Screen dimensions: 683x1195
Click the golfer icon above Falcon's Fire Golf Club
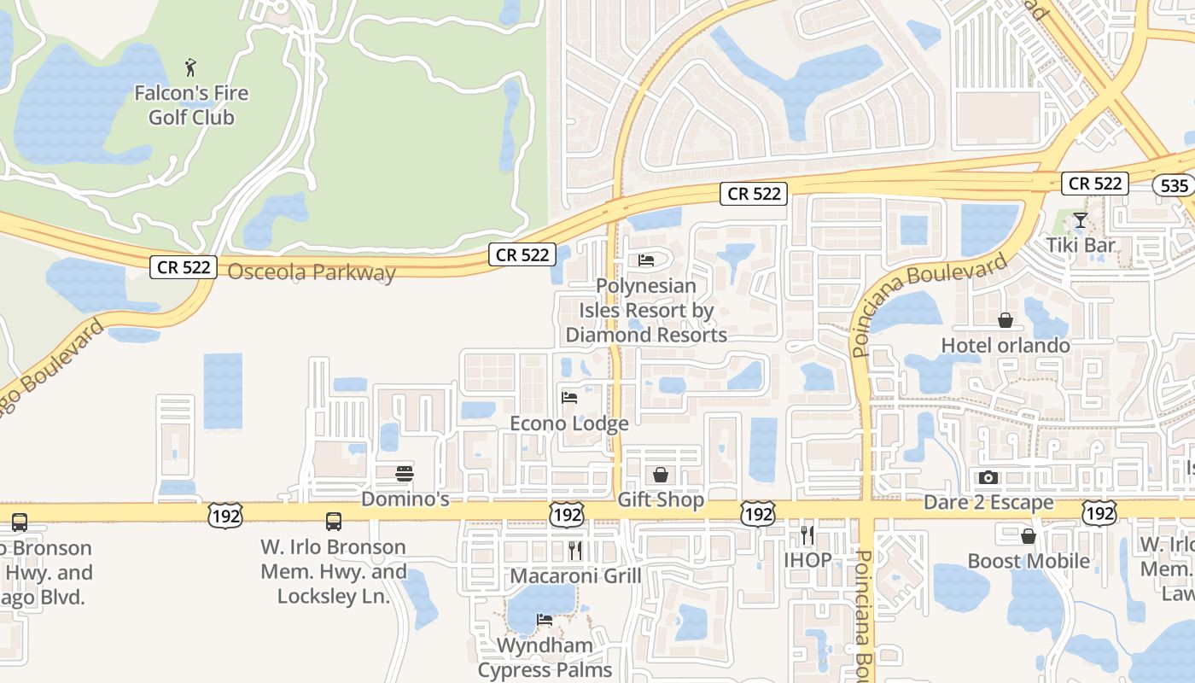tap(190, 67)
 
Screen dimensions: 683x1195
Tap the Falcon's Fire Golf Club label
tap(191, 105)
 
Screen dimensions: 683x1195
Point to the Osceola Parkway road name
tap(312, 272)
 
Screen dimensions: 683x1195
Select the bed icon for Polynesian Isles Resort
tap(646, 260)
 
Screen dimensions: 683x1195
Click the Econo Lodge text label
tap(568, 423)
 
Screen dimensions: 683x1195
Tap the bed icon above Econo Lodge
tap(569, 398)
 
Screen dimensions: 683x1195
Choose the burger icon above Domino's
tap(405, 474)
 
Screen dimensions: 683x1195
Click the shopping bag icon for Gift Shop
tap(661, 475)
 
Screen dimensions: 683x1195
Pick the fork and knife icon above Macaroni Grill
tap(575, 551)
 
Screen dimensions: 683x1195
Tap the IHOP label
tap(807, 561)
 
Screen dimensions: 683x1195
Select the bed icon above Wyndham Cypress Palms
tap(544, 620)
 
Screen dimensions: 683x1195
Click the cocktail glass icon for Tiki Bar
tap(1080, 220)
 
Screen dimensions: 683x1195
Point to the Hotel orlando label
tap(1006, 346)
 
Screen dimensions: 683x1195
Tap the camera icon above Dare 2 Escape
tap(988, 477)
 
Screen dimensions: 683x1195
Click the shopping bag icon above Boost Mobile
tap(1029, 536)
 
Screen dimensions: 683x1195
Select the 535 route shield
tap(1175, 185)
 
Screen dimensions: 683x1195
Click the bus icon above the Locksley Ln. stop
tap(334, 521)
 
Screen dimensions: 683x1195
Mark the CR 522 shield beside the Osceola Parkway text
tap(184, 266)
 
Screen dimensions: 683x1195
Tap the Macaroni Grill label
tap(575, 576)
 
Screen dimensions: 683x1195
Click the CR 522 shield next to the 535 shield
tap(1095, 183)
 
